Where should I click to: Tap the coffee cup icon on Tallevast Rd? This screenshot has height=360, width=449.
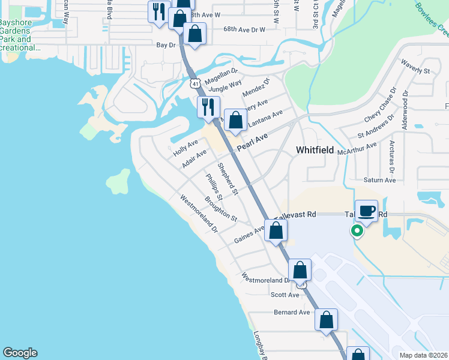366,211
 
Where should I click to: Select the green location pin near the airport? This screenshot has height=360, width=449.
357,231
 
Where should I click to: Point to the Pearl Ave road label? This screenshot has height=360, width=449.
252,142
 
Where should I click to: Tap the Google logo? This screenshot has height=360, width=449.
20,353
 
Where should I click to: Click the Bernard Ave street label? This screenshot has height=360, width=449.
292,312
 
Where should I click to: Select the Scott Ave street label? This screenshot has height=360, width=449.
285,295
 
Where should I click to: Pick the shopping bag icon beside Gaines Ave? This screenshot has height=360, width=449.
276,230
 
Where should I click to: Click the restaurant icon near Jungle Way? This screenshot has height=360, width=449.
208,107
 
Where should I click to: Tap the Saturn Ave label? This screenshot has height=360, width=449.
380,179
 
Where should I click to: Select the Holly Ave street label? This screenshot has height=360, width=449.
185,148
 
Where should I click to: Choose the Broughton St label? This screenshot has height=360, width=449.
220,208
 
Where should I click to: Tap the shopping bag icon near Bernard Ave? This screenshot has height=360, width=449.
327,319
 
